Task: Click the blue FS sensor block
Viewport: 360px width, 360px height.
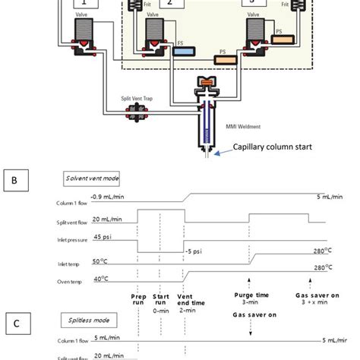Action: pyautogui.click(x=184, y=52)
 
